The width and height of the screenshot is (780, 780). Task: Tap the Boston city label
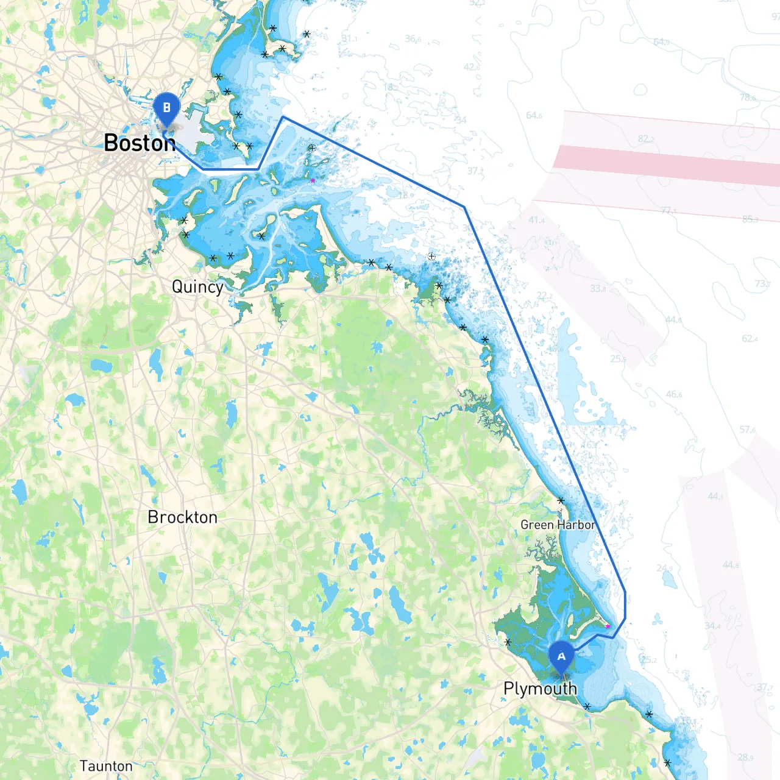pos(140,143)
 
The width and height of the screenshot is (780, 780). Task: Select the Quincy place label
pos(197,286)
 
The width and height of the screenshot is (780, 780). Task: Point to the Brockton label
pos(182,517)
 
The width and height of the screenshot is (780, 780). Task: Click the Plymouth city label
pos(540,689)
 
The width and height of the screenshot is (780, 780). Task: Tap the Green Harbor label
pos(558,525)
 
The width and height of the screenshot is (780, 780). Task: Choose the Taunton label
pos(106,766)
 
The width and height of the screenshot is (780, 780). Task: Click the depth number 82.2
pos(647,139)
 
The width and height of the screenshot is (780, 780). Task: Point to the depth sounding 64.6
pos(534,115)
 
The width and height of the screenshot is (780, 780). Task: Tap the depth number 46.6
pos(674,394)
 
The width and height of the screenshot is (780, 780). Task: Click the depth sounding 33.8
pos(598,288)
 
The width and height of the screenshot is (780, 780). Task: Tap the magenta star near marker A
pos(608,626)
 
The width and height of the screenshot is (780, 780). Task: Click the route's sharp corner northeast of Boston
pos(283,117)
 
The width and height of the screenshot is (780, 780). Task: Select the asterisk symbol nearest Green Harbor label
pos(561,500)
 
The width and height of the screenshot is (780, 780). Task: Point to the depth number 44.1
pos(715,497)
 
